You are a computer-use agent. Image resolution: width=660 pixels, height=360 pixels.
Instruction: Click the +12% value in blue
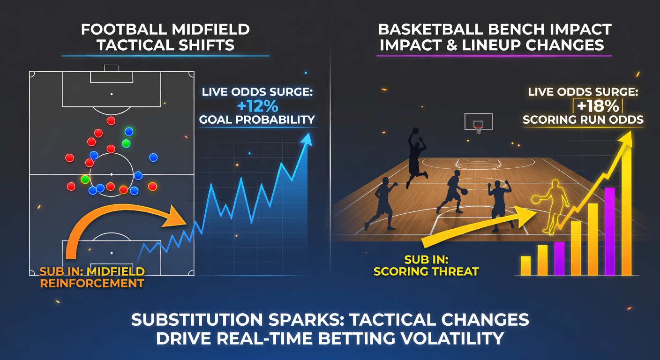tap(257, 105)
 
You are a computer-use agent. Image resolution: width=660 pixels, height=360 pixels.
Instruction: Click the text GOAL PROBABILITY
tap(257, 120)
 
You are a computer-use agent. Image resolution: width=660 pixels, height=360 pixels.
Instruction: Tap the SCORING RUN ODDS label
tap(583, 120)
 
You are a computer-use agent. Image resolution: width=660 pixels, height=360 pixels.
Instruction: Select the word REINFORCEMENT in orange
tap(92, 283)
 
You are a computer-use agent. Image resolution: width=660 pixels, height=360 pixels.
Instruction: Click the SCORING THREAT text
tap(426, 271)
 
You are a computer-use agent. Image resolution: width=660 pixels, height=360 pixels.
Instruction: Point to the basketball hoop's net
tap(478, 129)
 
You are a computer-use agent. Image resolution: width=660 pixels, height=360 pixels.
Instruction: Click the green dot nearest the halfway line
tap(85, 179)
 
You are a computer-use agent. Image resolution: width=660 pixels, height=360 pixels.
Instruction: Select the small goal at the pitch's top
tap(112, 68)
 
